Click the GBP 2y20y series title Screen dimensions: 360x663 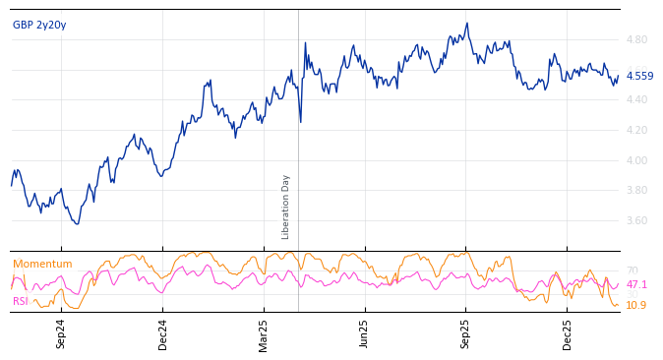pyautogui.click(x=39, y=25)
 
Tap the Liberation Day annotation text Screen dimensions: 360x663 pyautogui.click(x=286, y=207)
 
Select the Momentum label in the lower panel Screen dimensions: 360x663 pyautogui.click(x=42, y=264)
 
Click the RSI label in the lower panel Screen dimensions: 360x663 pyautogui.click(x=21, y=301)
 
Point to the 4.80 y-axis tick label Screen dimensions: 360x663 pyautogui.click(x=636, y=39)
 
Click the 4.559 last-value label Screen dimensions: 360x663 pyautogui.click(x=639, y=76)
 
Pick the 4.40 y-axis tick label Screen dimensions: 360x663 pyautogui.click(x=636, y=99)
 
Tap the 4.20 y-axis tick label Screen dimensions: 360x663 pyautogui.click(x=636, y=130)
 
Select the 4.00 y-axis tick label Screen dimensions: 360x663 pyautogui.click(x=636, y=160)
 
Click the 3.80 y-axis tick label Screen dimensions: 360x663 pyautogui.click(x=636, y=191)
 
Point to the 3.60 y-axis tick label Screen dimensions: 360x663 pyautogui.click(x=636, y=220)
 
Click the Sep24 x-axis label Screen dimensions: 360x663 pyautogui.click(x=61, y=333)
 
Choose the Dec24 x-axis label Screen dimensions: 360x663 pyautogui.click(x=163, y=333)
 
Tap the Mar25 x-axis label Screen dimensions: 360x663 pyautogui.click(x=264, y=333)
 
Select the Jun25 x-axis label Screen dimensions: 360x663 pyautogui.click(x=365, y=333)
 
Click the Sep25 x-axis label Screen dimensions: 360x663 pyautogui.click(x=465, y=333)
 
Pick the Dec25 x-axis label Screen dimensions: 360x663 pyautogui.click(x=568, y=333)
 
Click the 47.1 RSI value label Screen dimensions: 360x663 pyautogui.click(x=636, y=284)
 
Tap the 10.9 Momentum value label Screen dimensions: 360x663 pyautogui.click(x=636, y=305)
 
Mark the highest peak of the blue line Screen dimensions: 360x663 pyautogui.click(x=467, y=24)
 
